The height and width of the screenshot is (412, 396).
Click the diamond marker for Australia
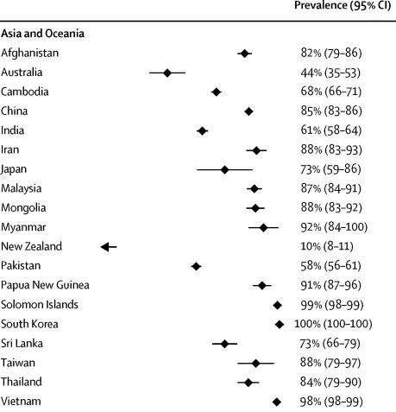167,73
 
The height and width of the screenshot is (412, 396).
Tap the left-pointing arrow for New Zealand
109,247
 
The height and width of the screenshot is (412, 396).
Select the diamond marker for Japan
225,169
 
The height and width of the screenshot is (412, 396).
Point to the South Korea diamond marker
280,325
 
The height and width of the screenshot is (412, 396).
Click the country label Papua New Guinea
45,285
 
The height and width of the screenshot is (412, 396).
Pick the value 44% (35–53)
330,73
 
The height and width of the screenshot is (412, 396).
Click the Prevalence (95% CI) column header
343,5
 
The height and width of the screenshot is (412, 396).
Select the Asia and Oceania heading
42,34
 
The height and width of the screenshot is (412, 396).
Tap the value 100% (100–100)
333,324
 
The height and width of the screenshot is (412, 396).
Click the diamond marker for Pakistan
196,266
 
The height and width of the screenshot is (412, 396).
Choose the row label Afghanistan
29,54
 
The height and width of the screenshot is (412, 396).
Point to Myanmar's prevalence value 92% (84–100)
334,227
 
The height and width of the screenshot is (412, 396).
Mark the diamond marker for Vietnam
277,402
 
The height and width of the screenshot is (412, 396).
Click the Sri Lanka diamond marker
224,344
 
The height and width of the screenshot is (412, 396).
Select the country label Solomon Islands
40,305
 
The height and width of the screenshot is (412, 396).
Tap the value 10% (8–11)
327,246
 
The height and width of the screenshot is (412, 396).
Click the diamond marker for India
202,131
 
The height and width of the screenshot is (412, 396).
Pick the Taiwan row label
18,363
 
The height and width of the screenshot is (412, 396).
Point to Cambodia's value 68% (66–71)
331,92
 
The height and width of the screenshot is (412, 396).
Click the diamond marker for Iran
256,150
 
